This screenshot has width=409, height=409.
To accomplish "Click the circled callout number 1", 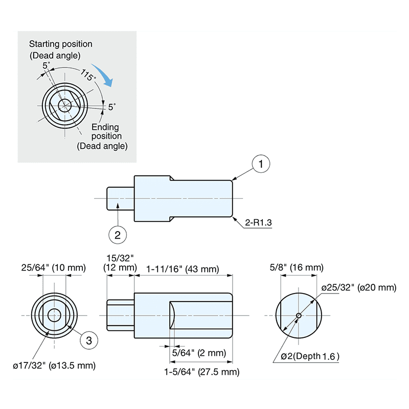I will [261, 164].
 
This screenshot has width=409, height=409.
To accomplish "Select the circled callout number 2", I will [118, 235].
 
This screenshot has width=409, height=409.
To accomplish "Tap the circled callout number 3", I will [88, 340].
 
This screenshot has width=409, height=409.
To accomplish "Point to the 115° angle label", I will [87, 75].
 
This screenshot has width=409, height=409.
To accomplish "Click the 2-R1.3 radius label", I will [258, 223].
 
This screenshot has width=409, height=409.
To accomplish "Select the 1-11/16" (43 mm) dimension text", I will [183, 268].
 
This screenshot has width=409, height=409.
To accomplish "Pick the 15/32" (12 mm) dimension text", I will [120, 263].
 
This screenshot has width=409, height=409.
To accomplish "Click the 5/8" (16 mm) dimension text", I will [297, 267].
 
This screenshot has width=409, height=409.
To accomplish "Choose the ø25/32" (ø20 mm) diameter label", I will [358, 287].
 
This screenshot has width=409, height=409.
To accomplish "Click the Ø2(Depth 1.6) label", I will [310, 356].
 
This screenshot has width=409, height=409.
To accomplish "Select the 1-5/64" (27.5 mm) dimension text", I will [202, 372].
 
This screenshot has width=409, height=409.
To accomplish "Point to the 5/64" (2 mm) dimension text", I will [199, 353].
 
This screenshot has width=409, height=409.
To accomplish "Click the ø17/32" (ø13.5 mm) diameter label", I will [54, 366].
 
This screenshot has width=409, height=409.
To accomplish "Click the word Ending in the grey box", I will [105, 127].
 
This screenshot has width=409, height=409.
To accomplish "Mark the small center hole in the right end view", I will [299, 315].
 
